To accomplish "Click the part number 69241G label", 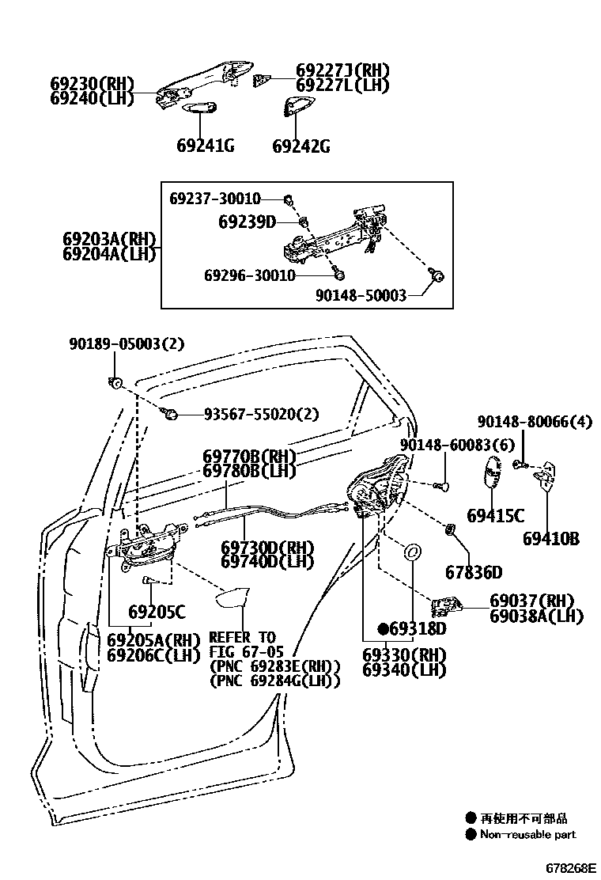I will [205, 146].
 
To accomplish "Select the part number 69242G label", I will [301, 146].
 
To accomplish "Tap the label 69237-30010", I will [215, 198].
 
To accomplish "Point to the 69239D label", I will [247, 222].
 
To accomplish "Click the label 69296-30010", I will [250, 275].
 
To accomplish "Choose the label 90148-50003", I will [360, 295].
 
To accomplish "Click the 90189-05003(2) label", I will [127, 344].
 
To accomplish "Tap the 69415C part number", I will [495, 516].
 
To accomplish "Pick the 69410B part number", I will [551, 539].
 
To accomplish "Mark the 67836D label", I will [474, 572].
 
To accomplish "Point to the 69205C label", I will [157, 612].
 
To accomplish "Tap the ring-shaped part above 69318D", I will [413, 552].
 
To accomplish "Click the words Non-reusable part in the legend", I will [527, 834].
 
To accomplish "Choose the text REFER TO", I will [242, 638].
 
